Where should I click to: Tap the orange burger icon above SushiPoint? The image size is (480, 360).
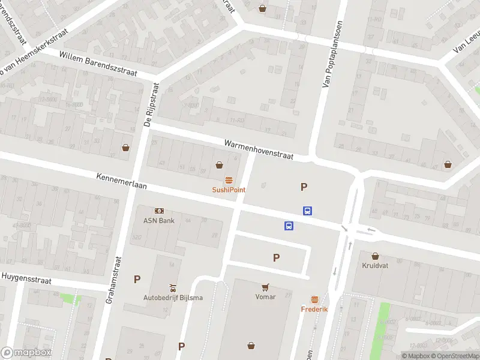click(x=229, y=180)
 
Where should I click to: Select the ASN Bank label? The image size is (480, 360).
click(x=159, y=220)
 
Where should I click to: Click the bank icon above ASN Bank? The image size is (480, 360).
click(x=159, y=211)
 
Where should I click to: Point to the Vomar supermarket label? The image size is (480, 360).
click(x=265, y=296)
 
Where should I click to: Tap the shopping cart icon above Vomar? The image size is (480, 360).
click(x=265, y=287)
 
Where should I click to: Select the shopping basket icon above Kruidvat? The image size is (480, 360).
click(x=376, y=256)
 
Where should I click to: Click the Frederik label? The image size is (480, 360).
click(x=314, y=309)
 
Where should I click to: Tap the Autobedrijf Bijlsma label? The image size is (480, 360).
click(x=173, y=298)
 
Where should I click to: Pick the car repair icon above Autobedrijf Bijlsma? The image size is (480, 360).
click(x=173, y=287)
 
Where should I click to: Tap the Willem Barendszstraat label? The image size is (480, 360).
click(x=98, y=64)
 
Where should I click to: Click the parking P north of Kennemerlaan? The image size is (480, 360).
click(x=304, y=187)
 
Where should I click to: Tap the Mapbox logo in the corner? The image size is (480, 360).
click(x=26, y=353)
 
